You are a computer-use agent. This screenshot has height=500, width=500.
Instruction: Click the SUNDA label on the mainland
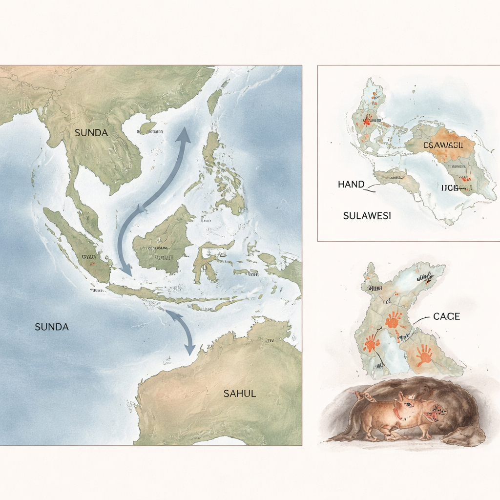pos(91,132)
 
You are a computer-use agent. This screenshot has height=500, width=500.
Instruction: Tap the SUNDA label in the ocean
pos(52,327)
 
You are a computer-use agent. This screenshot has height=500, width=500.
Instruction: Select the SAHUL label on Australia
pos(239,394)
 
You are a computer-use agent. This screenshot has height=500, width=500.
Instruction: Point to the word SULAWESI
pos(367,216)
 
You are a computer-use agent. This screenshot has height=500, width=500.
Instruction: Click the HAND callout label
pos(351,185)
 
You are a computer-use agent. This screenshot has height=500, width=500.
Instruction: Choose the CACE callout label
pos(446,316)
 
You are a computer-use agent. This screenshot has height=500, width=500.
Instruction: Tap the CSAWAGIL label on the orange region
pos(442,145)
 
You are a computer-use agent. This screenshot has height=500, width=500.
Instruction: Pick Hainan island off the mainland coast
pos(147,128)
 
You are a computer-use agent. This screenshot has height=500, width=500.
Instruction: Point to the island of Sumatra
pos(78,244)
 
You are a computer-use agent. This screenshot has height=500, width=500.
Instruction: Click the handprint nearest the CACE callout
pos(393,320)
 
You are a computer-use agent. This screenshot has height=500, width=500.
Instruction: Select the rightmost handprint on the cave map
pos(424,354)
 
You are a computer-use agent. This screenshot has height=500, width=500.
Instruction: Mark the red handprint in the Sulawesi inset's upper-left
pos(368,119)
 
